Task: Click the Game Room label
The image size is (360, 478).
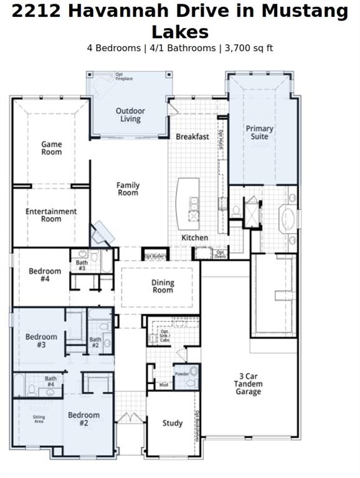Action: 52,148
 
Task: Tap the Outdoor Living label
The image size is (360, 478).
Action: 130,115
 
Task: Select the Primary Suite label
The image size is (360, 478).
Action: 259,132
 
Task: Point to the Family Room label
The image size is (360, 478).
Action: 128,189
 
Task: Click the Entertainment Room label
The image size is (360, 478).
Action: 51,215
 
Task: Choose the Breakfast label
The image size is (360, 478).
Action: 192,136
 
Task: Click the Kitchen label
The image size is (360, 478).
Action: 195,238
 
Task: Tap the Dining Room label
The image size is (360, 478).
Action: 163,286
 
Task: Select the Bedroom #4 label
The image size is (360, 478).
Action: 45,275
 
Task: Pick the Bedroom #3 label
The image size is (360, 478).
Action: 41,340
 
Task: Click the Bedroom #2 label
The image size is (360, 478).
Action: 83,419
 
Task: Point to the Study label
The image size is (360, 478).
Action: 173,423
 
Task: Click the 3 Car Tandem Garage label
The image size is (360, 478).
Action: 249,384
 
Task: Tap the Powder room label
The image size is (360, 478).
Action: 182,374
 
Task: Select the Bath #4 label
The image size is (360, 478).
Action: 50,382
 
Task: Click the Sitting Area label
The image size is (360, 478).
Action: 39,419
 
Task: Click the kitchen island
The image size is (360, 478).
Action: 188,203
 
